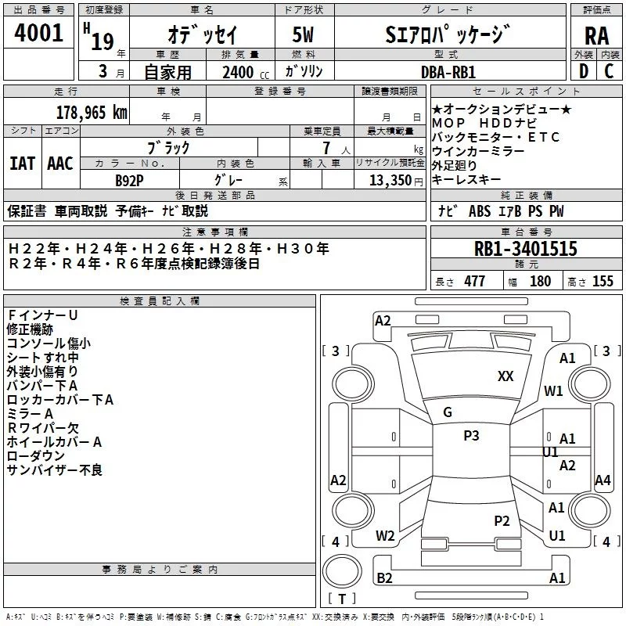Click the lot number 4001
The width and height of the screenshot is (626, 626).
pyautogui.click(x=39, y=34)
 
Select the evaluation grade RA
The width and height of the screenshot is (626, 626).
pyautogui.click(x=596, y=35)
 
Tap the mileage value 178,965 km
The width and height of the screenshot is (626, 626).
pyautogui.click(x=92, y=112)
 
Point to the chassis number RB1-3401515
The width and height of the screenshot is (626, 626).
pyautogui.click(x=526, y=249)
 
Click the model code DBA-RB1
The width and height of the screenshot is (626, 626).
pyautogui.click(x=448, y=71)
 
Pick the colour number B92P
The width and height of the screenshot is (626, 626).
pyautogui.click(x=129, y=179)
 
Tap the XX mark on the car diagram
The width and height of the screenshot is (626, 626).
pyautogui.click(x=505, y=376)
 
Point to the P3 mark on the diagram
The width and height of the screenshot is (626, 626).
pyautogui.click(x=471, y=436)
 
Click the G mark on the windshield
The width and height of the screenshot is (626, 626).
pyautogui.click(x=448, y=412)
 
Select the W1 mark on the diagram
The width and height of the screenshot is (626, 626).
pyautogui.click(x=554, y=390)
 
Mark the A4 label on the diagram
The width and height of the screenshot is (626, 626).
pyautogui.click(x=603, y=480)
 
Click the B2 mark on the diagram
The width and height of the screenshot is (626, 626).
pyautogui.click(x=384, y=578)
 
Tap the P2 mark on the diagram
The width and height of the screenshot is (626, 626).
pyautogui.click(x=502, y=520)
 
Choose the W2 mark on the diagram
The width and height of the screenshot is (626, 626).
pyautogui.click(x=385, y=536)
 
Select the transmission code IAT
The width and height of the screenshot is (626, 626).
pyautogui.click(x=22, y=163)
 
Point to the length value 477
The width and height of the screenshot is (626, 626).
pyautogui.click(x=473, y=282)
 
